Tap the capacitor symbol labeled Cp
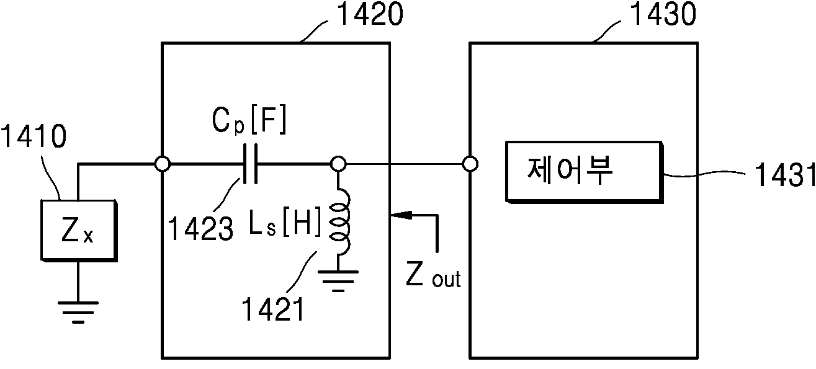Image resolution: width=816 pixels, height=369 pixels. click(x=251, y=164)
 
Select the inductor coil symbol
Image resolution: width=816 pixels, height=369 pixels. click(x=339, y=226)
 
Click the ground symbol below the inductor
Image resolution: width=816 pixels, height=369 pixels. click(x=338, y=281)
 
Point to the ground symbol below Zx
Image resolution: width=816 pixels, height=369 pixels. click(x=78, y=312)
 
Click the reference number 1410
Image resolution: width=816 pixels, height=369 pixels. click(x=34, y=136)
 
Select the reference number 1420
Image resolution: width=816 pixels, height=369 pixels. click(x=370, y=14)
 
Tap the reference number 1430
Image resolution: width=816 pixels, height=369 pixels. click(x=663, y=14)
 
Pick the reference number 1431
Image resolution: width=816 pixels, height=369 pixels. click(x=784, y=175)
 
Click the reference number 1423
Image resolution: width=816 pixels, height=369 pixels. click(x=200, y=228)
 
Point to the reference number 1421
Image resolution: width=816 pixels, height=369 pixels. click(x=273, y=309)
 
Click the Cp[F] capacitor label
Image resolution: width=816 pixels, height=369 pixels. click(x=249, y=120)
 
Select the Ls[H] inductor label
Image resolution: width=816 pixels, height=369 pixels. click(x=284, y=221)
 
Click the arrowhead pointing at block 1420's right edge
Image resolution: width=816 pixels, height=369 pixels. click(x=401, y=215)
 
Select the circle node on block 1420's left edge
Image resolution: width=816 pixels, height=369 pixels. click(x=163, y=164)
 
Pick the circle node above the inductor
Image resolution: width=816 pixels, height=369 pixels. click(x=338, y=164)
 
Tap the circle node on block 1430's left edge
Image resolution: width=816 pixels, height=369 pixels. click(x=470, y=164)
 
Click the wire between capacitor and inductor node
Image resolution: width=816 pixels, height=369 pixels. click(x=294, y=164)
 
